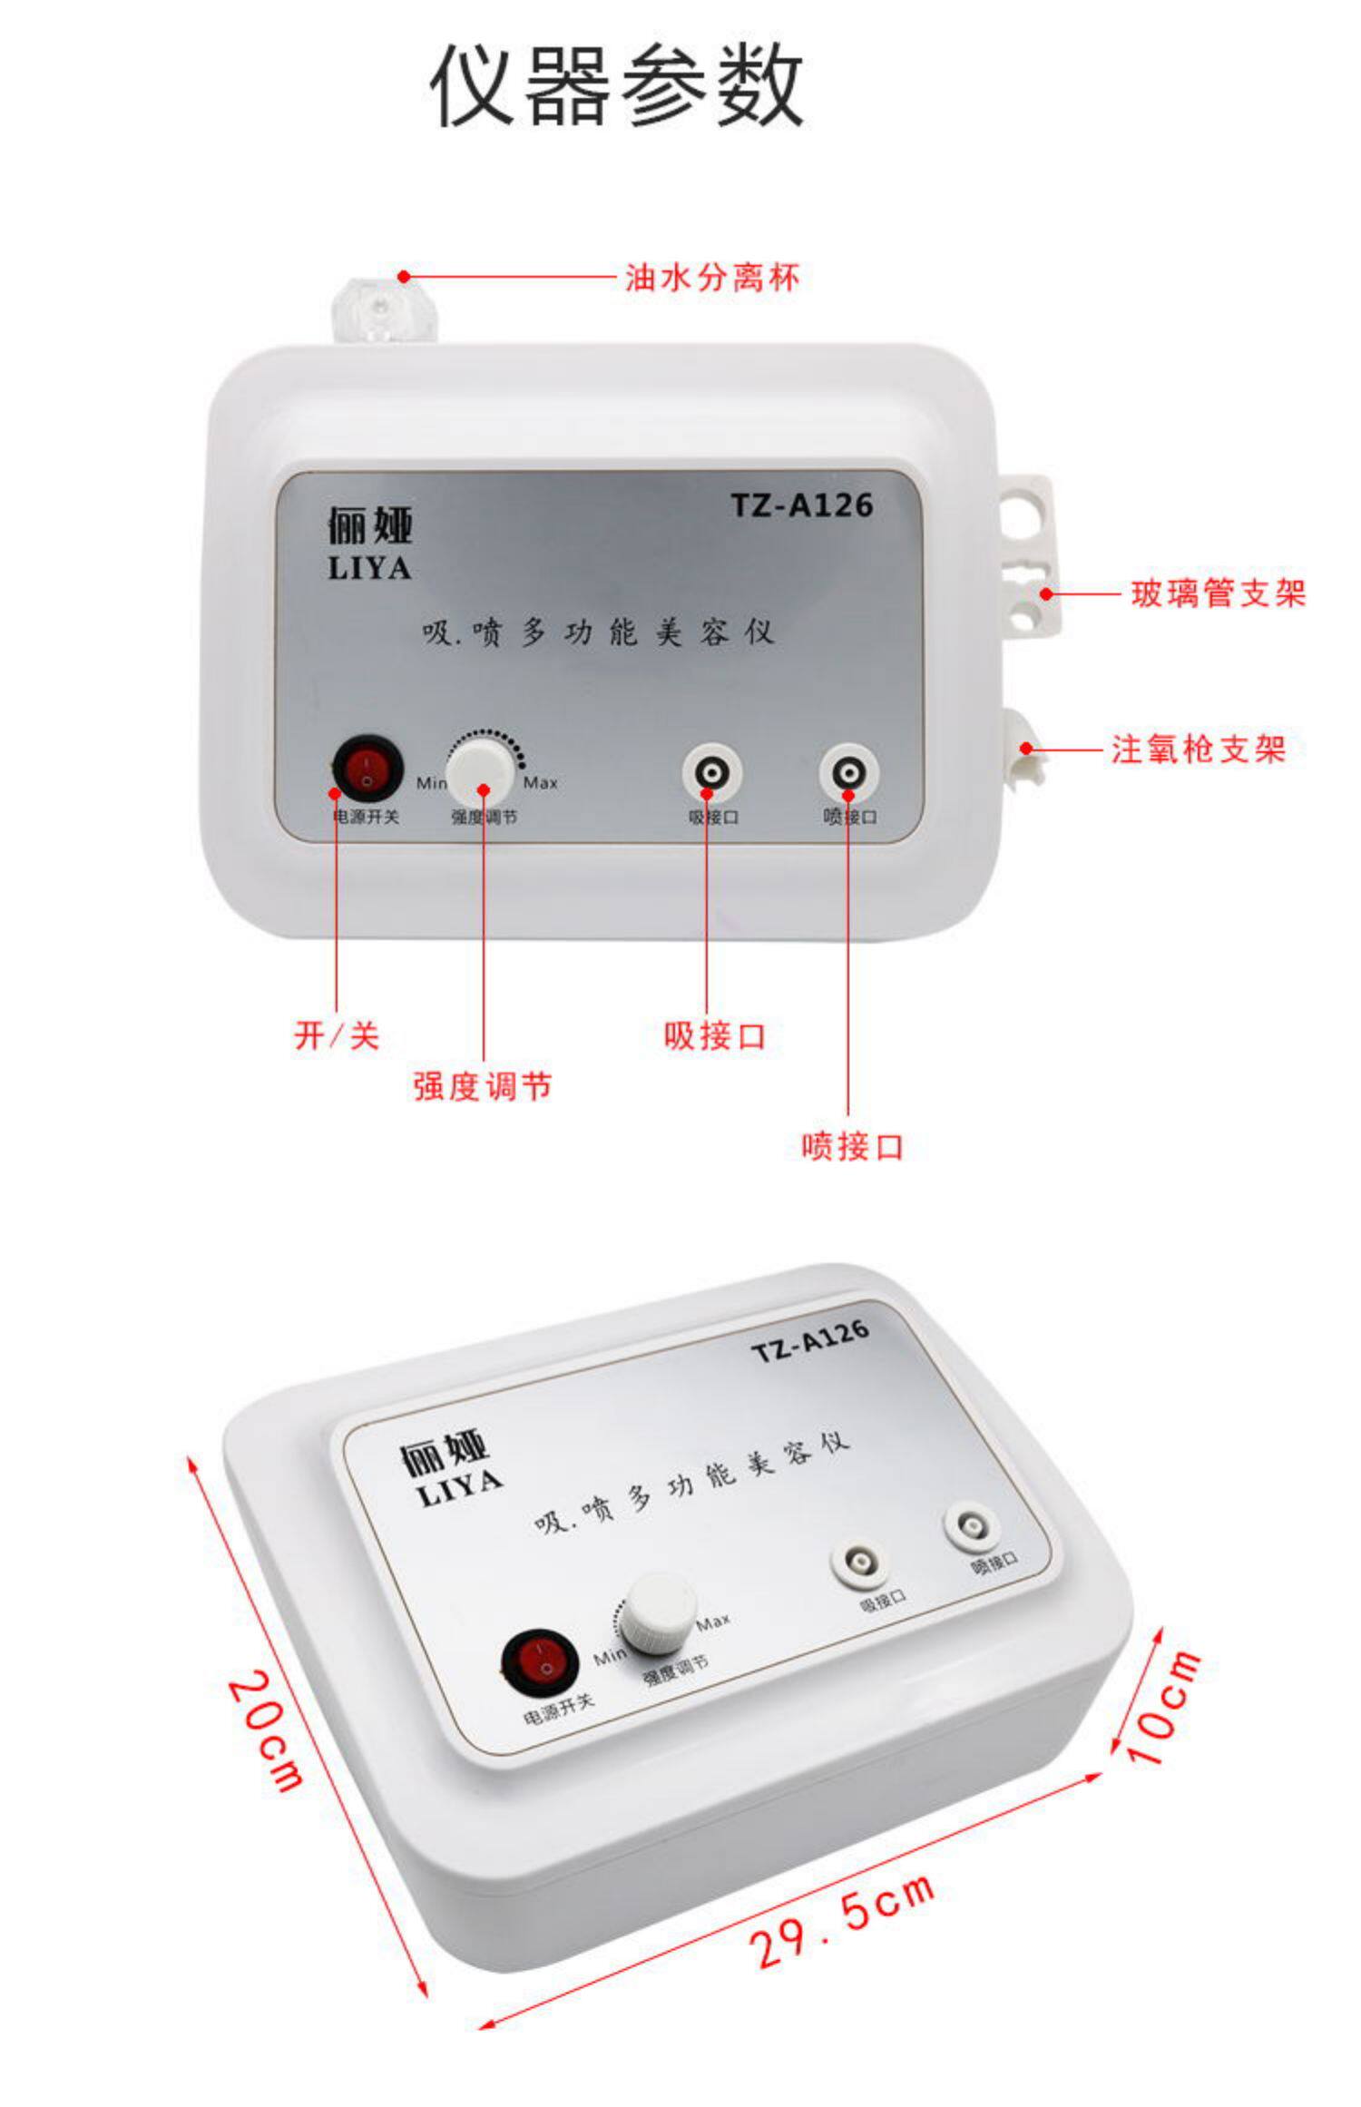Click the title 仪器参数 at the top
click(x=616, y=86)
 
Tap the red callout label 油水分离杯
click(x=712, y=277)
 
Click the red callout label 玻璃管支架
click(x=1218, y=593)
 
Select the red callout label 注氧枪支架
click(x=1199, y=749)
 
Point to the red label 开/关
click(x=337, y=1034)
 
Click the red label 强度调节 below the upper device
click(x=482, y=1085)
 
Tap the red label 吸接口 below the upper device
click(x=715, y=1034)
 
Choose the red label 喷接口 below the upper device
click(x=852, y=1146)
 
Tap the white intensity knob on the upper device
click(x=481, y=771)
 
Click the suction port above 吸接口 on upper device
click(x=712, y=774)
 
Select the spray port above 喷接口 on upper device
click(x=848, y=774)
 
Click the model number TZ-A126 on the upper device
click(x=802, y=505)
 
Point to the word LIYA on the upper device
click(x=369, y=568)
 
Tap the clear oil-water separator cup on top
click(x=385, y=309)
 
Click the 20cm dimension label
click(x=264, y=1733)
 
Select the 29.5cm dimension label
click(x=842, y=1918)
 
